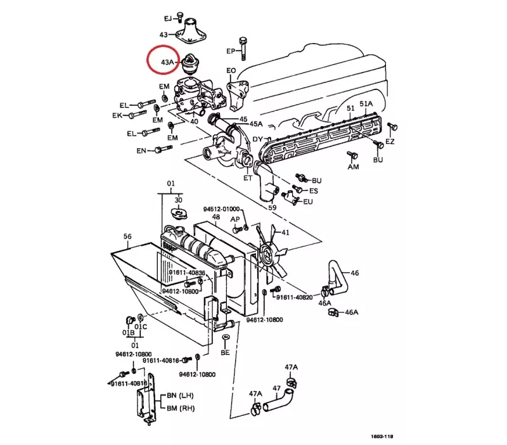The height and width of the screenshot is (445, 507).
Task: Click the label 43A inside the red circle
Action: (167, 62)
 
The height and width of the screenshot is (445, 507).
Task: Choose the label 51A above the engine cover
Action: (366, 104)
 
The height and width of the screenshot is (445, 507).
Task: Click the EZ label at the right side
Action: (390, 141)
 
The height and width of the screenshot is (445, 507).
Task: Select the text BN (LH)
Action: (180, 396)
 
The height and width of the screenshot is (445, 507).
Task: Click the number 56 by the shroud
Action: (127, 236)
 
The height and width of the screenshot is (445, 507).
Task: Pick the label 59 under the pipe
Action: (272, 207)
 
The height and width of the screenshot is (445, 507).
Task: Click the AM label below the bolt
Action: (353, 167)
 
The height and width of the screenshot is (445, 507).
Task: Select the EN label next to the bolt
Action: (141, 151)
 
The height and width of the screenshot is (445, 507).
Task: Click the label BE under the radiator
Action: (225, 352)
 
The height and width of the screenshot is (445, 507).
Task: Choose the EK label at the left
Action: (117, 116)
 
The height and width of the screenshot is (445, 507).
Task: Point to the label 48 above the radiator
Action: (215, 217)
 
